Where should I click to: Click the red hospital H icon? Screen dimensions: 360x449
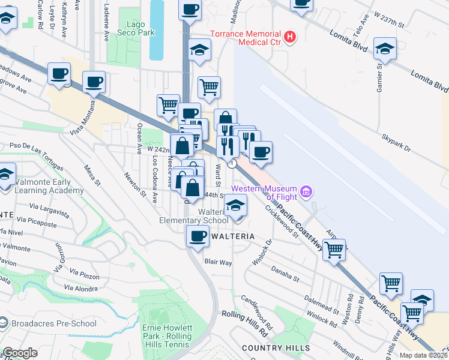(291, 37)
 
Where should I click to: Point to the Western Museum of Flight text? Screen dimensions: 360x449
(270, 193)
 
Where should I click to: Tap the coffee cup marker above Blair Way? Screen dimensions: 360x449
(197, 236)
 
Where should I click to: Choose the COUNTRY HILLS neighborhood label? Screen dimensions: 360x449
(276, 348)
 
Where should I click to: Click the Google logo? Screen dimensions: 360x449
(20, 352)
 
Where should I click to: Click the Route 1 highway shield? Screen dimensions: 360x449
(232, 164)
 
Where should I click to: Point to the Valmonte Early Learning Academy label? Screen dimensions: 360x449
(42, 185)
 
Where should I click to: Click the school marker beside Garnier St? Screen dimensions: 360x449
(384, 49)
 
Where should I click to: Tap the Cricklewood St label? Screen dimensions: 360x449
(282, 222)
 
